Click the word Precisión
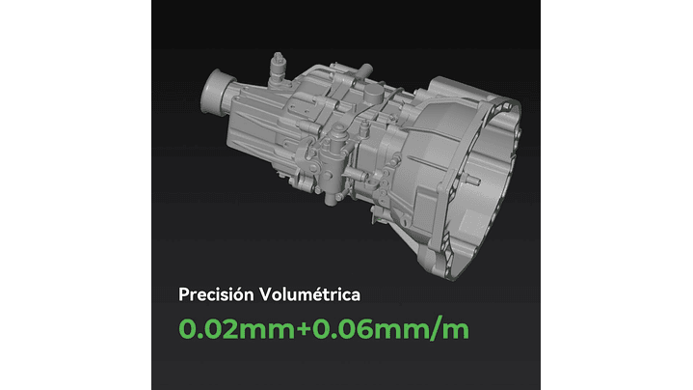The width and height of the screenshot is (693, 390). [x=216, y=294]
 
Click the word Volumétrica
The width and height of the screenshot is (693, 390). [x=309, y=294]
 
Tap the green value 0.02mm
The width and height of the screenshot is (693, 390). [x=236, y=330]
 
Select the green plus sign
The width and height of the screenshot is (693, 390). [x=304, y=330]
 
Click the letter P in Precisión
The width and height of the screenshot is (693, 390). [x=183, y=294]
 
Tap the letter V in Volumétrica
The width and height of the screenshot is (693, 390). [x=265, y=294]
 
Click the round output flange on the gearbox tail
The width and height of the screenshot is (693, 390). [x=215, y=92]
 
